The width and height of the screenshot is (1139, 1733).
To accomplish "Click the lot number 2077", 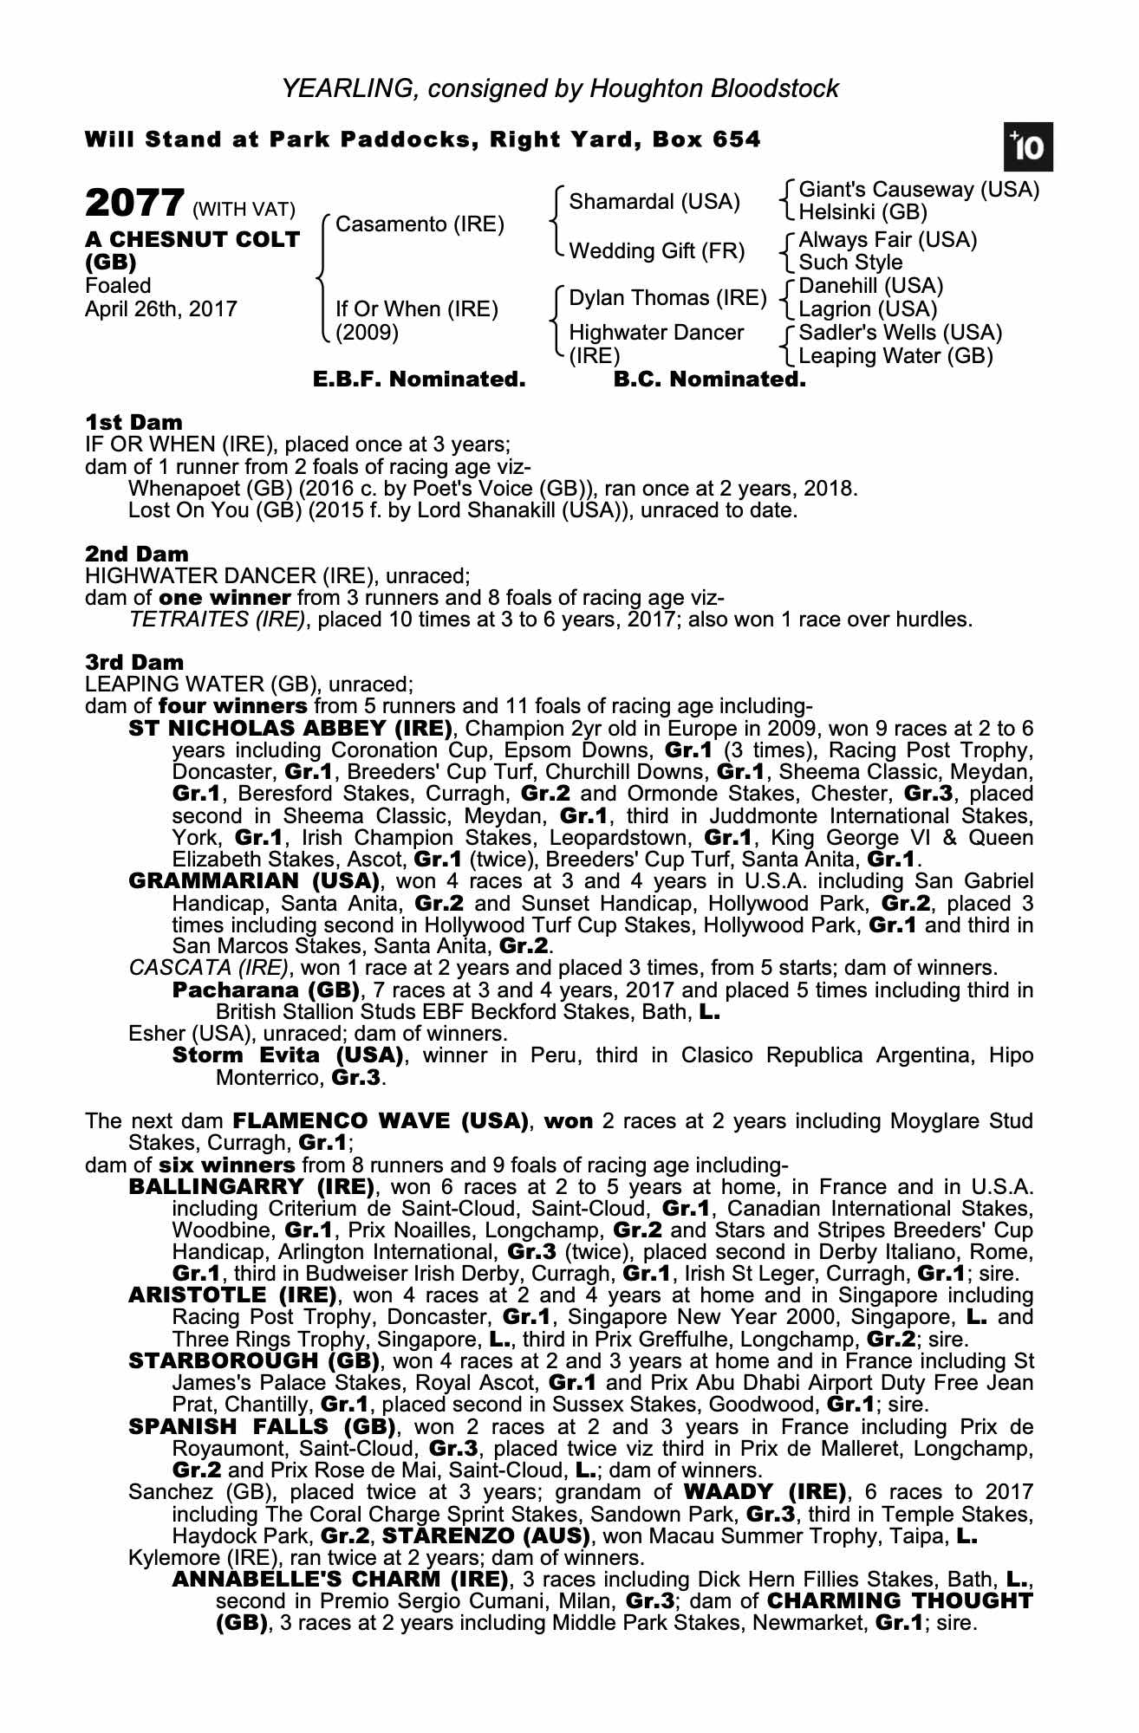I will pyautogui.click(x=134, y=204).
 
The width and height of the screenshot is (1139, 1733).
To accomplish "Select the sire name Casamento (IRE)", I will pyautogui.click(x=420, y=224).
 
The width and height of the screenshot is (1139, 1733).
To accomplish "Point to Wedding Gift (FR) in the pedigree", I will pyautogui.click(x=656, y=251).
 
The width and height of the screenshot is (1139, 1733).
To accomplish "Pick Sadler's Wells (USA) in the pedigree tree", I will pyautogui.click(x=900, y=333).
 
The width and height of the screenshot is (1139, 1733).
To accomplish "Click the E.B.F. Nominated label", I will pyautogui.click(x=419, y=380).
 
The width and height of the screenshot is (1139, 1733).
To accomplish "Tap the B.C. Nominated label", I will pyautogui.click(x=709, y=380).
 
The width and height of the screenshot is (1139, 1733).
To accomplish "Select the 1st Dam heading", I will pyautogui.click(x=134, y=423).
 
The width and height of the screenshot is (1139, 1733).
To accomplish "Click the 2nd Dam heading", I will pyautogui.click(x=137, y=554).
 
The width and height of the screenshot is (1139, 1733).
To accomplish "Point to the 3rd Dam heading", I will pyautogui.click(x=135, y=663).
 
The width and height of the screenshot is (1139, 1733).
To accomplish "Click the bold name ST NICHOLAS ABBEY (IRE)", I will pyautogui.click(x=290, y=728).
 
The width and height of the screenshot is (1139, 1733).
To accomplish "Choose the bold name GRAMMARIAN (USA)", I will pyautogui.click(x=254, y=881).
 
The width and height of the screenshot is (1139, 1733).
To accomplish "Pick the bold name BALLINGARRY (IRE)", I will pyautogui.click(x=251, y=1186).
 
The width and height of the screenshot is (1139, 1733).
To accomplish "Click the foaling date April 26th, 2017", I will pyautogui.click(x=161, y=309).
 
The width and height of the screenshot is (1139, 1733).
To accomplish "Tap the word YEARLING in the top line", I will pyautogui.click(x=346, y=88).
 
